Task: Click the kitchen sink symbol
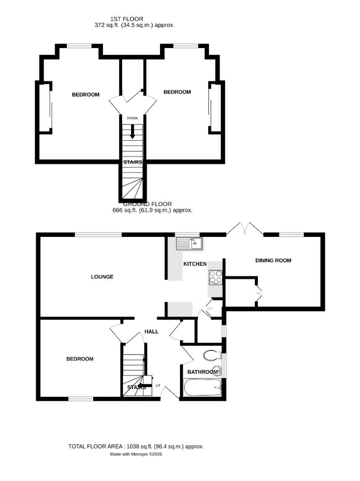(189, 243)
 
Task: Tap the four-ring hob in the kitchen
(216, 277)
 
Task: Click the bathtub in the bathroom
(202, 388)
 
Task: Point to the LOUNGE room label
(102, 277)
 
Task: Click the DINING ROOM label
(273, 260)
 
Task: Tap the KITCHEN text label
(195, 264)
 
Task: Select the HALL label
(151, 331)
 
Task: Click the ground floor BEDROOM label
(80, 359)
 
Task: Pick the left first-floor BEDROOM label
(86, 94)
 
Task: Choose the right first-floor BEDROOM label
(177, 92)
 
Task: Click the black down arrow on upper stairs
(132, 132)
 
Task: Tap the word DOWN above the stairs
(132, 118)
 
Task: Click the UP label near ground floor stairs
(158, 386)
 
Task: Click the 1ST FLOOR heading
(127, 19)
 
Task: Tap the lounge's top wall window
(98, 235)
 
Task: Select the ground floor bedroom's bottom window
(81, 399)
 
